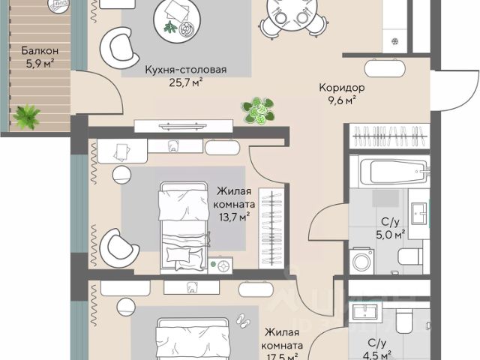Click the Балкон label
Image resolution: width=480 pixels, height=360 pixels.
click(40, 50)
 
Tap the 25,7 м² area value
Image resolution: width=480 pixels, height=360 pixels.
click(186, 82)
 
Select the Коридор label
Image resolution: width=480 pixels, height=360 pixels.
click(342, 88)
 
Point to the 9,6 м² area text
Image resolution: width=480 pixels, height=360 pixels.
click(342, 100)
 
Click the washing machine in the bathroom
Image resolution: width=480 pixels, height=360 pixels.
click(361, 262)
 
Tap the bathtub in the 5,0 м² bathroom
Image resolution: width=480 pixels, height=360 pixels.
click(395, 172)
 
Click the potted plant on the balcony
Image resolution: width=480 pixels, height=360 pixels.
click(27, 116)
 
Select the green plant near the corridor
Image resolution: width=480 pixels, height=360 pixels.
click(258, 110)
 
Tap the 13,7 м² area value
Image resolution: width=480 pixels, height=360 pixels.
click(234, 217)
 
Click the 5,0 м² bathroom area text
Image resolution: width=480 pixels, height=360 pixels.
click(390, 235)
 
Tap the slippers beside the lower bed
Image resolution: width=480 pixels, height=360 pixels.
click(243, 321)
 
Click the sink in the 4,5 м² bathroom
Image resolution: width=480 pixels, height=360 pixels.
click(365, 312)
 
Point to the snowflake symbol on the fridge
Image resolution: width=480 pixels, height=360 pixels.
click(395, 41)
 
